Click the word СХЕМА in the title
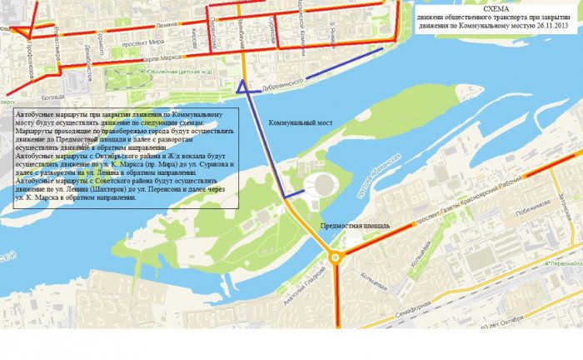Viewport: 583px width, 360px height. [x=497, y=7]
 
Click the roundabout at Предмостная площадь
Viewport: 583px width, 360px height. [x=336, y=257]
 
